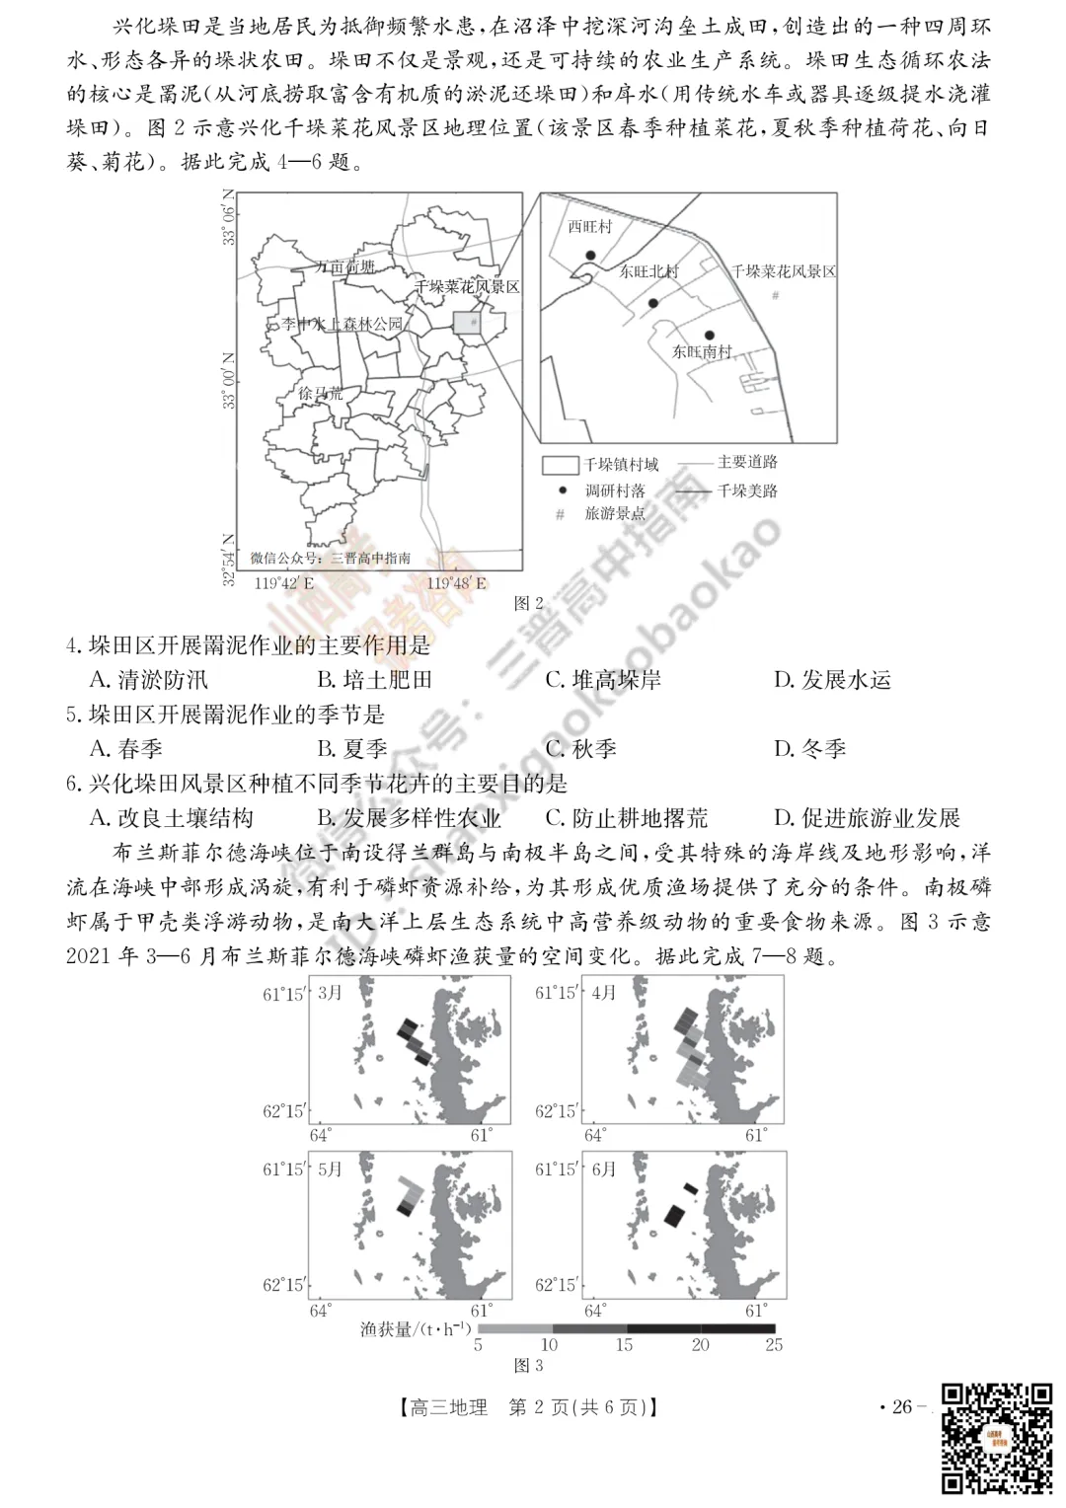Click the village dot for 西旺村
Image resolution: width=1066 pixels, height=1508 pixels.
590,256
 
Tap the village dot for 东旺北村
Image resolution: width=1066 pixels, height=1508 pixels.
652,303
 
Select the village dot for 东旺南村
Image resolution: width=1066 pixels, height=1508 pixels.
709,336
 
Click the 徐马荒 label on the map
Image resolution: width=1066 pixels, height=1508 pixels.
320,393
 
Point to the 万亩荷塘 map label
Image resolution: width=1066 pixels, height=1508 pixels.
345,267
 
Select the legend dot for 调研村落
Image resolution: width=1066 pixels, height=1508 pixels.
562,490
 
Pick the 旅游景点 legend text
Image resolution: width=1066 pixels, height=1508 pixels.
615,513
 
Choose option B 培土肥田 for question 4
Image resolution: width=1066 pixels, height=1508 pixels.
375,680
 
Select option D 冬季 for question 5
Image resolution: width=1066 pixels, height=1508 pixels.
810,749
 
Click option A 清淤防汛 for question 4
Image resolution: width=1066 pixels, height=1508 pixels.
149,680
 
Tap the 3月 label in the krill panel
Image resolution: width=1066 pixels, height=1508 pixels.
331,993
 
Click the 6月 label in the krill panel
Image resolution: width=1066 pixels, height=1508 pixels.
604,1169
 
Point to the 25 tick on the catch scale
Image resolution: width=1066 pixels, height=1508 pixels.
774,1344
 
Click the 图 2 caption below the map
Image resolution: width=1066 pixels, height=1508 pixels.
529,603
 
